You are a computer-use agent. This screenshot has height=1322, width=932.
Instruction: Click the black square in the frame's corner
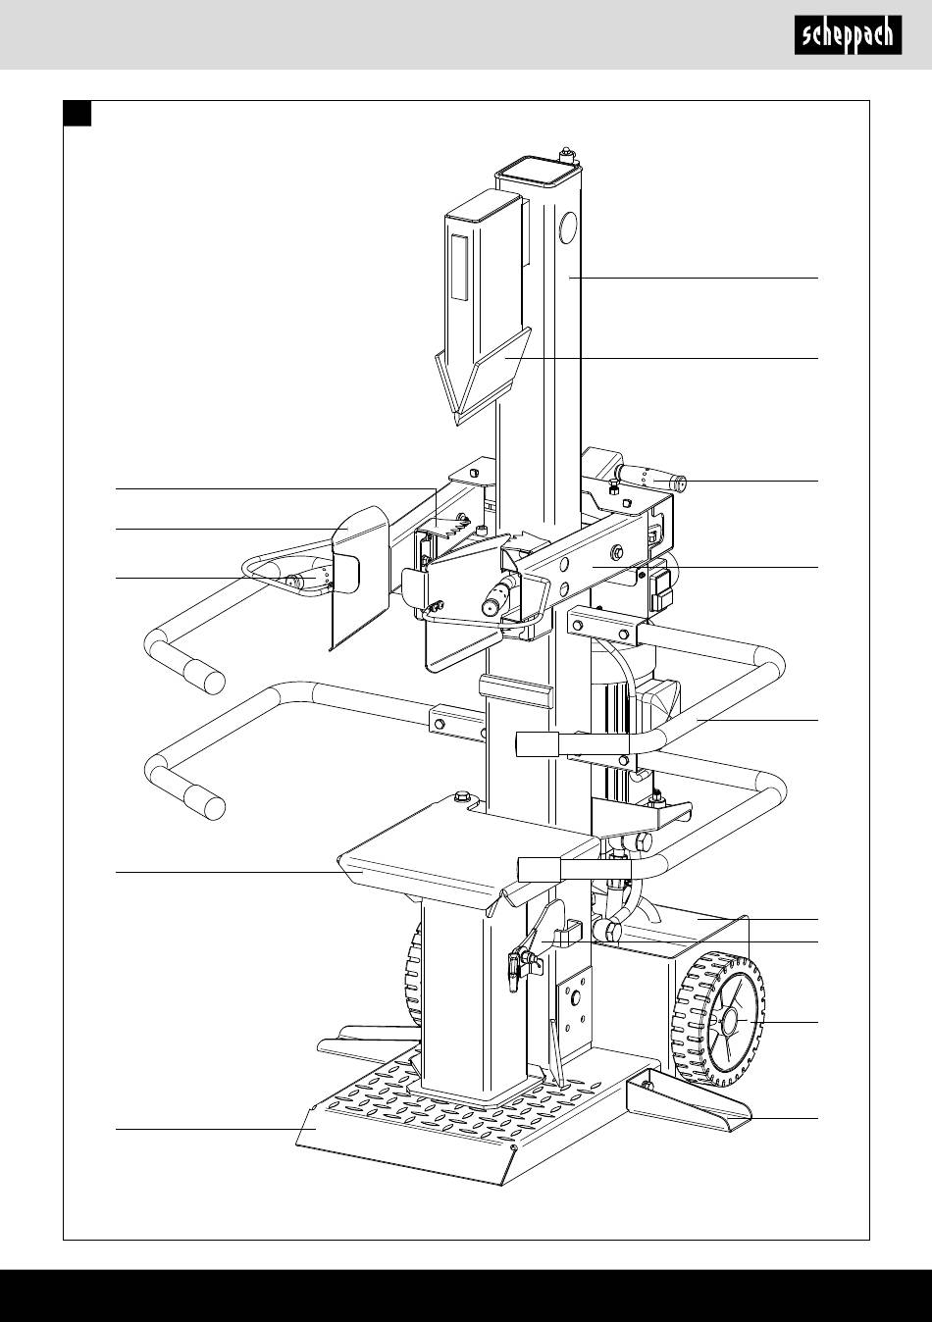coord(78,114)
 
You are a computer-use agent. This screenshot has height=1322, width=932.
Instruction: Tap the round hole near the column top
coord(566,231)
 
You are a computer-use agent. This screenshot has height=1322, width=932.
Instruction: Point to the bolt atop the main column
coord(566,154)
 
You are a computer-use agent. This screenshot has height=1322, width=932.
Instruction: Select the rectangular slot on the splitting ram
coord(458,268)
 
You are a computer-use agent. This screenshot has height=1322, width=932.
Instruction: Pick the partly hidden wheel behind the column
coord(413,971)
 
